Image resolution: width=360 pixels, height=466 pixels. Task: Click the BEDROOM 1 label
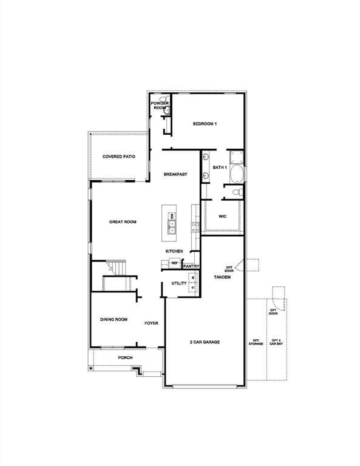click(205, 124)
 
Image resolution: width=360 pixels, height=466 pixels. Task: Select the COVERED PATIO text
click(118, 157)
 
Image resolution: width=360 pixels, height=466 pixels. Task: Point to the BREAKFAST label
click(175, 174)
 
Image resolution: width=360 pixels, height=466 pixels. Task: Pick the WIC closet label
click(223, 215)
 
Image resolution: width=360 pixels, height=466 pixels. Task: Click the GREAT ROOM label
click(123, 222)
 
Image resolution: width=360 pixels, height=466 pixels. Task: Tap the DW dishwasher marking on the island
click(172, 216)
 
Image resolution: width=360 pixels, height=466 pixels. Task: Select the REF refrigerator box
click(174, 264)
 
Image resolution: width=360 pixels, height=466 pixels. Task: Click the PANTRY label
click(191, 266)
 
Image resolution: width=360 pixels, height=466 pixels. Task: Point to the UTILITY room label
click(178, 283)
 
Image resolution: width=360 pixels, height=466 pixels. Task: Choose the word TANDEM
click(222, 277)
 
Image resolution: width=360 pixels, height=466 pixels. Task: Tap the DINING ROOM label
click(114, 319)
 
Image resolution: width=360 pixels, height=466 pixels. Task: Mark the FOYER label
click(151, 323)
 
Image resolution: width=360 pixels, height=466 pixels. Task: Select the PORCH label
click(125, 358)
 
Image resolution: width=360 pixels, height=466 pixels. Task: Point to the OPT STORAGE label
click(256, 342)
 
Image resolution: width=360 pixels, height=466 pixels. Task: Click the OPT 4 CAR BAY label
click(276, 342)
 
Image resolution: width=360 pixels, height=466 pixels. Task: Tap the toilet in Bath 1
click(237, 192)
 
